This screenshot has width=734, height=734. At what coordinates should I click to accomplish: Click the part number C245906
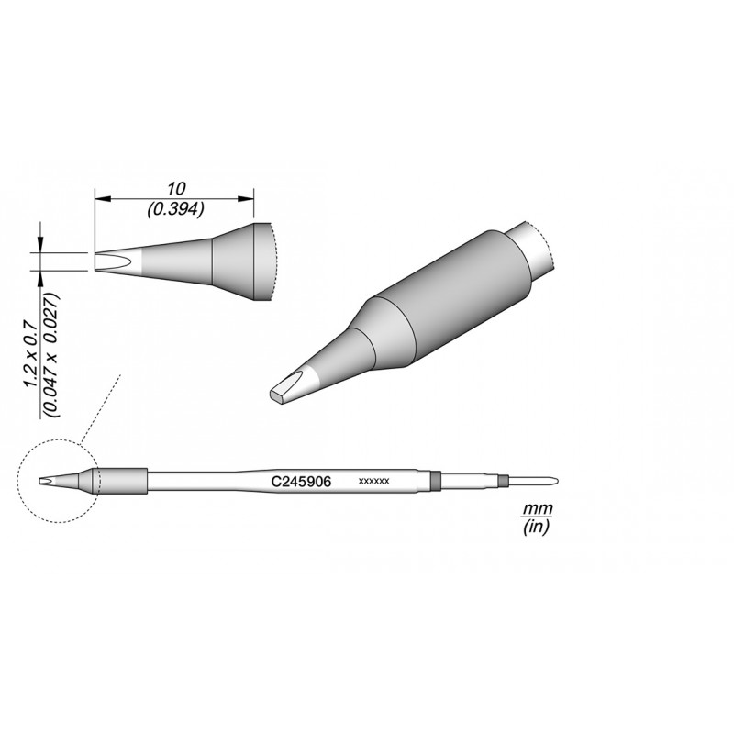302,482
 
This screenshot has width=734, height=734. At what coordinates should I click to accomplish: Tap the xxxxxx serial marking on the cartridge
373,482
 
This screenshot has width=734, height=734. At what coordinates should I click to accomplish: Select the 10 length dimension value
176,189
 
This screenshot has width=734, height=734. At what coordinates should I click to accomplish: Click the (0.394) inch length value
175,209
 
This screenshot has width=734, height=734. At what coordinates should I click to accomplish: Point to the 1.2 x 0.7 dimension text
31,353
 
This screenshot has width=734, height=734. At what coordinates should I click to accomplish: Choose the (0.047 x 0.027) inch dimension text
51,355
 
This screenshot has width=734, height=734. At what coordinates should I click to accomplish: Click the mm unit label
538,508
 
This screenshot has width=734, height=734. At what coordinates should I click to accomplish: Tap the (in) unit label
536,527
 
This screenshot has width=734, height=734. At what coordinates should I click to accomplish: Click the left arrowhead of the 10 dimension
103,199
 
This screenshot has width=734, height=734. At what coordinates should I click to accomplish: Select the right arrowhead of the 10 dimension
246,199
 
